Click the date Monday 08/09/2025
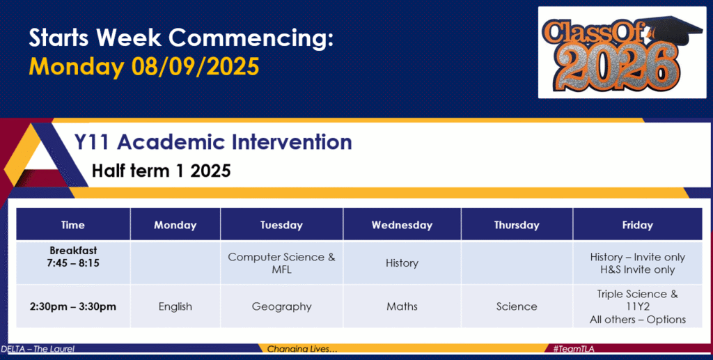(144, 66)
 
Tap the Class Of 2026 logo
(622, 52)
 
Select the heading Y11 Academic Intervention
(213, 142)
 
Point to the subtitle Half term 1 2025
(162, 171)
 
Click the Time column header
(72, 225)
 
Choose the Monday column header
(175, 225)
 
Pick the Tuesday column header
(281, 225)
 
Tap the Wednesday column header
(402, 225)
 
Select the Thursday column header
(517, 225)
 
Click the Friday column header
(638, 225)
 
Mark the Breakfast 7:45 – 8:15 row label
(72, 257)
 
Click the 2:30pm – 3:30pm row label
(72, 307)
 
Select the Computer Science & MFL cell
(281, 263)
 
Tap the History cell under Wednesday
(402, 263)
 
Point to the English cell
(175, 307)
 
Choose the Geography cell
(281, 307)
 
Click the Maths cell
(402, 307)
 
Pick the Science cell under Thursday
(517, 307)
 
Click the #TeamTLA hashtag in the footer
(574, 349)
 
